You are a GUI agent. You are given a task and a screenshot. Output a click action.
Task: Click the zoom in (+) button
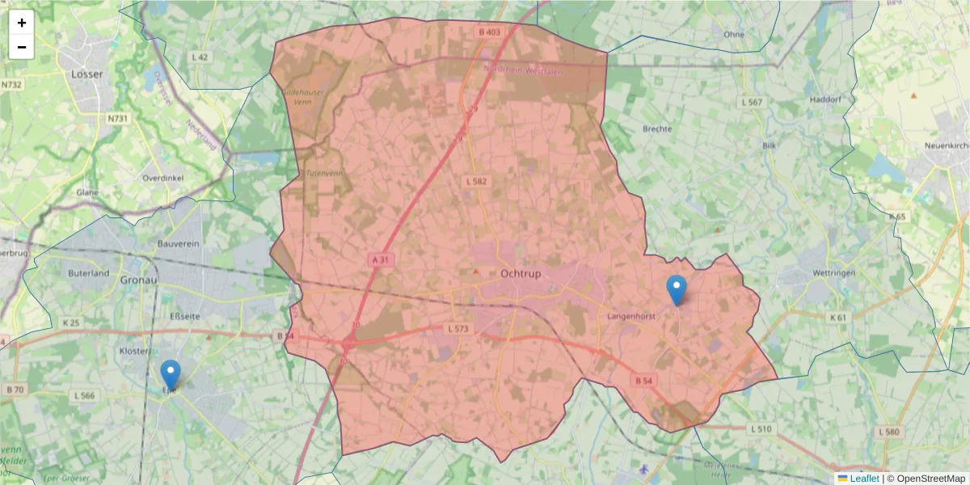22,23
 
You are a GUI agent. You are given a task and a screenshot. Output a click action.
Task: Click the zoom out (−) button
22,47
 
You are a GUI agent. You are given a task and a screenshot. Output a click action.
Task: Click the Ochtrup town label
521,274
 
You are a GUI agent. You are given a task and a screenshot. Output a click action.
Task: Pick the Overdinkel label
164,177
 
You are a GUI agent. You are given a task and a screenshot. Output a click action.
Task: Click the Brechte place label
657,129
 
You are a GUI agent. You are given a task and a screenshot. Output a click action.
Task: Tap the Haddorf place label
825,100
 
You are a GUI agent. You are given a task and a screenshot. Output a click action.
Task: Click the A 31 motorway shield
380,259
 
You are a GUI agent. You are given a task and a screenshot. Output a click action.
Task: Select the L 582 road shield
476,181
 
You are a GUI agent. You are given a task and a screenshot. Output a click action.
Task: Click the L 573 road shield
458,329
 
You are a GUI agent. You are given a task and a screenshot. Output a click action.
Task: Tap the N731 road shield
118,119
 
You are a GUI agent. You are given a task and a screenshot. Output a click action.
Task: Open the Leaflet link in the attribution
863,479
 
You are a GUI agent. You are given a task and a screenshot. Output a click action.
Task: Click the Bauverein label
179,243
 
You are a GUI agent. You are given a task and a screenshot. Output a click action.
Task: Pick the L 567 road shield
752,103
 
